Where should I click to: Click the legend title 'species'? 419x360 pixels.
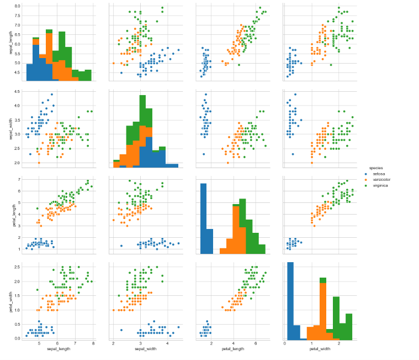[368, 167]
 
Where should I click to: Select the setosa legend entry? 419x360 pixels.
[379, 174]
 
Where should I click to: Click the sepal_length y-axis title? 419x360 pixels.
[11, 43]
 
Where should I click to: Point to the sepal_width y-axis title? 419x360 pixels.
[11, 128]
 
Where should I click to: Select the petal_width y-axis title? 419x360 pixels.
[11, 299]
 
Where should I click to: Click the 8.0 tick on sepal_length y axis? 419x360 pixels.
[17, 6]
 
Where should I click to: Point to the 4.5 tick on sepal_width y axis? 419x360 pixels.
[17, 91]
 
